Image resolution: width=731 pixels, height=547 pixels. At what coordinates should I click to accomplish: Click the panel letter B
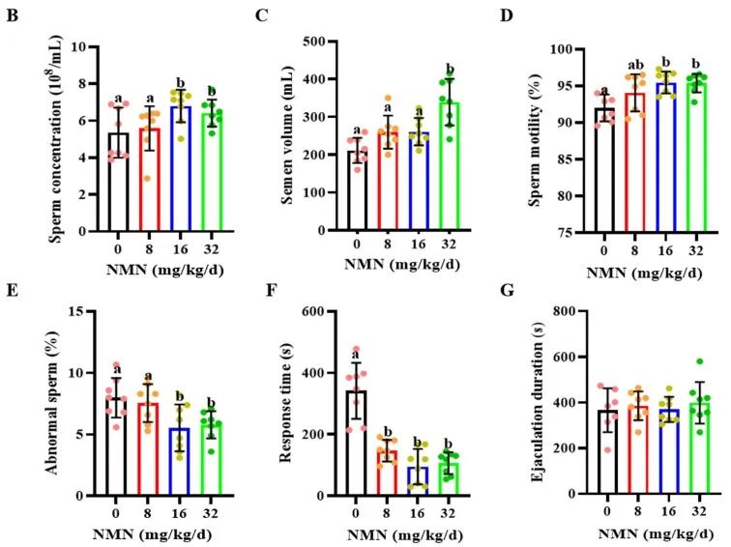(12, 16)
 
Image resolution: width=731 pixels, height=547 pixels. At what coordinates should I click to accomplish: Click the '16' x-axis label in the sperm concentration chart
(179, 246)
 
